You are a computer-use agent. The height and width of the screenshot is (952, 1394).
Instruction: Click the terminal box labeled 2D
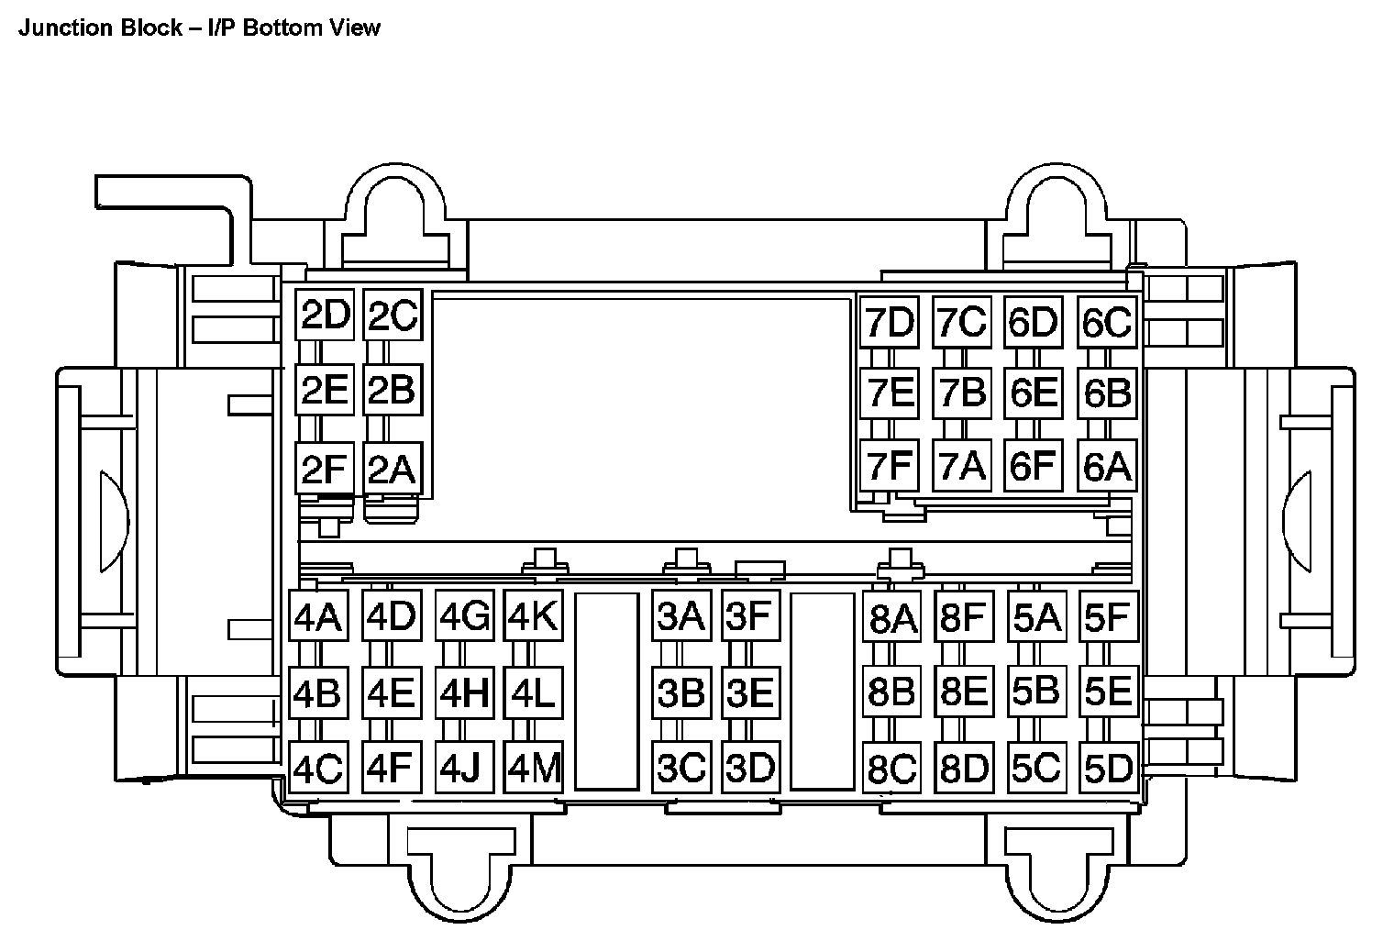(326, 315)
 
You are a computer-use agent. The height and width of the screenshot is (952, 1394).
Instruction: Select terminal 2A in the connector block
(392, 469)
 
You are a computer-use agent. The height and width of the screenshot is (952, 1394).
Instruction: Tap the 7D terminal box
(889, 322)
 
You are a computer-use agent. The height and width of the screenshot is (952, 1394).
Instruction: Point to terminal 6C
(1107, 322)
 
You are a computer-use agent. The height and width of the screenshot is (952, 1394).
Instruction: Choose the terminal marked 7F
(889, 466)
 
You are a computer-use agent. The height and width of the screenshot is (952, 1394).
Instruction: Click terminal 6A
(1107, 466)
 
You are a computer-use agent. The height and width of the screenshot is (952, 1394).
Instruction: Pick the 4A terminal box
(316, 617)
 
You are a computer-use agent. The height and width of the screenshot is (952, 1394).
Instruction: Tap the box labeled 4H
(463, 692)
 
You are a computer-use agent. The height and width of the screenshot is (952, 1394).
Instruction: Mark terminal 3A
(680, 616)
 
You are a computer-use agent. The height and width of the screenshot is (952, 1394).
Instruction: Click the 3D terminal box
(750, 768)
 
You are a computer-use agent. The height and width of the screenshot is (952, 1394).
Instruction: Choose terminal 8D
(963, 768)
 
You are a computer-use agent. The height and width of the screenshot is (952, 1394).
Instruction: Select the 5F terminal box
(1108, 617)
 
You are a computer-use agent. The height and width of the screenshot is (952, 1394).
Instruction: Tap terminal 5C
(1035, 768)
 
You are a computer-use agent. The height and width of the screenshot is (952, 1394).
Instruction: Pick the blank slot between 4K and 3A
(606, 691)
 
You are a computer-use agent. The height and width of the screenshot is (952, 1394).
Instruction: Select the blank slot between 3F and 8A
(823, 691)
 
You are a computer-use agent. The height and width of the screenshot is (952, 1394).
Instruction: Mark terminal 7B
(962, 393)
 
